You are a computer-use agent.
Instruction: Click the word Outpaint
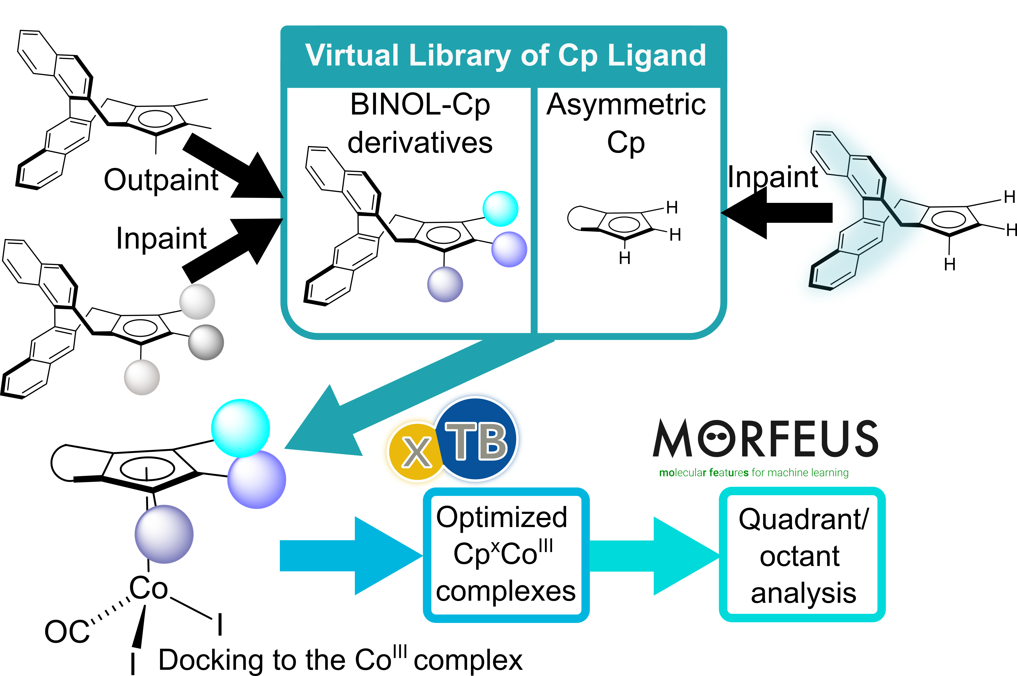coord(161,180)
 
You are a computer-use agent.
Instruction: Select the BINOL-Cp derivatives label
coord(420,123)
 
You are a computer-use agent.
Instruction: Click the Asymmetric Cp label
coord(626,123)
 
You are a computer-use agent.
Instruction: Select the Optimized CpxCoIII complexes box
coord(506,555)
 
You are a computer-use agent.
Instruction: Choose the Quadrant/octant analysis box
coord(802,555)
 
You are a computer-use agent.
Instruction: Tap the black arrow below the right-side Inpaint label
coord(776,213)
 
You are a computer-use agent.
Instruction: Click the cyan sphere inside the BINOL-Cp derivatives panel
coord(500,209)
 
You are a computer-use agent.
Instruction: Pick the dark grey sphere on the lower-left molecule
coord(206,342)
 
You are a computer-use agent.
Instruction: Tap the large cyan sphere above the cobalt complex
coord(241,428)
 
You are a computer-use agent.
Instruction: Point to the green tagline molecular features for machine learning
coord(753,473)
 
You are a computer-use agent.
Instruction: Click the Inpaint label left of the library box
coord(161,238)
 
